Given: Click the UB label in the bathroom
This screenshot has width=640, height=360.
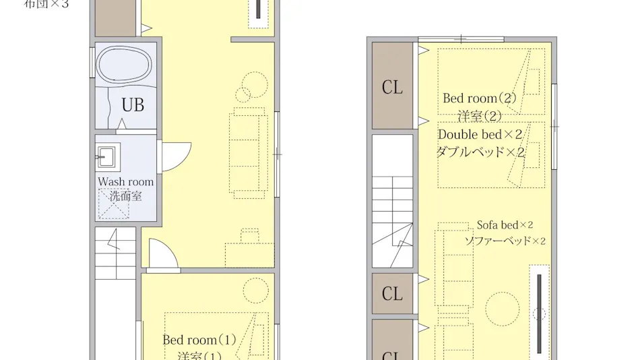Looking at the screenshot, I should click(x=132, y=106).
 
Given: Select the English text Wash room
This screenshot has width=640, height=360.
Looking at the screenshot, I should click(x=125, y=182).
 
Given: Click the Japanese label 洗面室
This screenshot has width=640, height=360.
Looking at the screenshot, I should click(x=125, y=196).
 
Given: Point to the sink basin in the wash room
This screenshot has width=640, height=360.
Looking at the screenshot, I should click(x=107, y=157).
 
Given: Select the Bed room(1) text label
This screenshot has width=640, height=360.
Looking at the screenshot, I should click(x=199, y=340).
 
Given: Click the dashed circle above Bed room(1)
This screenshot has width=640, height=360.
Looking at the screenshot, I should click(x=256, y=291).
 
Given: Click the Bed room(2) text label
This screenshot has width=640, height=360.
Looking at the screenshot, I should click(x=479, y=98).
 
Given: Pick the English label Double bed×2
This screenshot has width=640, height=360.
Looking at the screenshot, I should click(x=480, y=135).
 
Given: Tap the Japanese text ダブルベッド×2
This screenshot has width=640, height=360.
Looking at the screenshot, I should click(x=480, y=152).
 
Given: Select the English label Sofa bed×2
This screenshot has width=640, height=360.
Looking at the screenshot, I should click(x=505, y=225).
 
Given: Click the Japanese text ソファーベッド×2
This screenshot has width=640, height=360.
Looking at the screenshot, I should click(x=505, y=241).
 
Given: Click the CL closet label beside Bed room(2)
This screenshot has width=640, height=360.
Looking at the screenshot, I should click(x=392, y=87).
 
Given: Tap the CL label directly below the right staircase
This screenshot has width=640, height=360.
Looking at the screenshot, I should click(x=392, y=294).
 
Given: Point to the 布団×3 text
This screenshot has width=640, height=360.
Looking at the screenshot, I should click(x=46, y=4).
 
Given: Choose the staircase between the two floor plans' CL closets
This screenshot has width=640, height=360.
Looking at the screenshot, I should click(x=392, y=202).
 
